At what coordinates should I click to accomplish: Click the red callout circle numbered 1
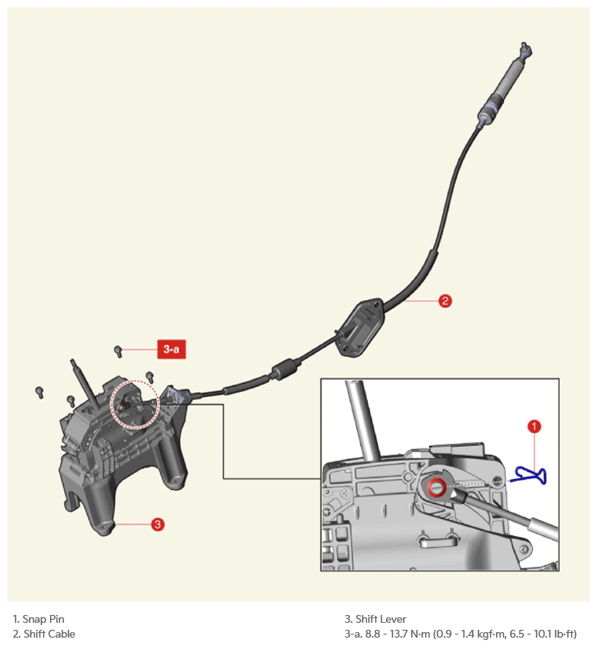pyautogui.click(x=534, y=426)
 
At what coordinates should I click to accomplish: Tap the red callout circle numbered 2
pyautogui.click(x=445, y=301)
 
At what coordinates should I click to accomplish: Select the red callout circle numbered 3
pyautogui.click(x=157, y=524)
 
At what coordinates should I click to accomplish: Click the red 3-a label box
pyautogui.click(x=171, y=349)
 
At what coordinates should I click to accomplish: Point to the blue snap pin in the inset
pyautogui.click(x=530, y=475)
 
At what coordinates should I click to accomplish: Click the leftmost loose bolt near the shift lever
pyautogui.click(x=40, y=392)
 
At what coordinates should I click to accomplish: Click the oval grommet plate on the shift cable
pyautogui.click(x=359, y=327)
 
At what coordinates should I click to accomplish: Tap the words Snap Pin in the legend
pyautogui.click(x=43, y=619)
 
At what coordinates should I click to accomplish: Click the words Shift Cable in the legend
pyautogui.click(x=49, y=634)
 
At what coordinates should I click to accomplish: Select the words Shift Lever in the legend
pyautogui.click(x=381, y=619)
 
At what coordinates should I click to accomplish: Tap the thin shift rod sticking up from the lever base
pyautogui.click(x=85, y=384)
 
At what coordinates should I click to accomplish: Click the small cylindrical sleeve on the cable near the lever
pyautogui.click(x=284, y=370)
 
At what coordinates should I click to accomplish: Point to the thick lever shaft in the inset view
pyautogui.click(x=363, y=420)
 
